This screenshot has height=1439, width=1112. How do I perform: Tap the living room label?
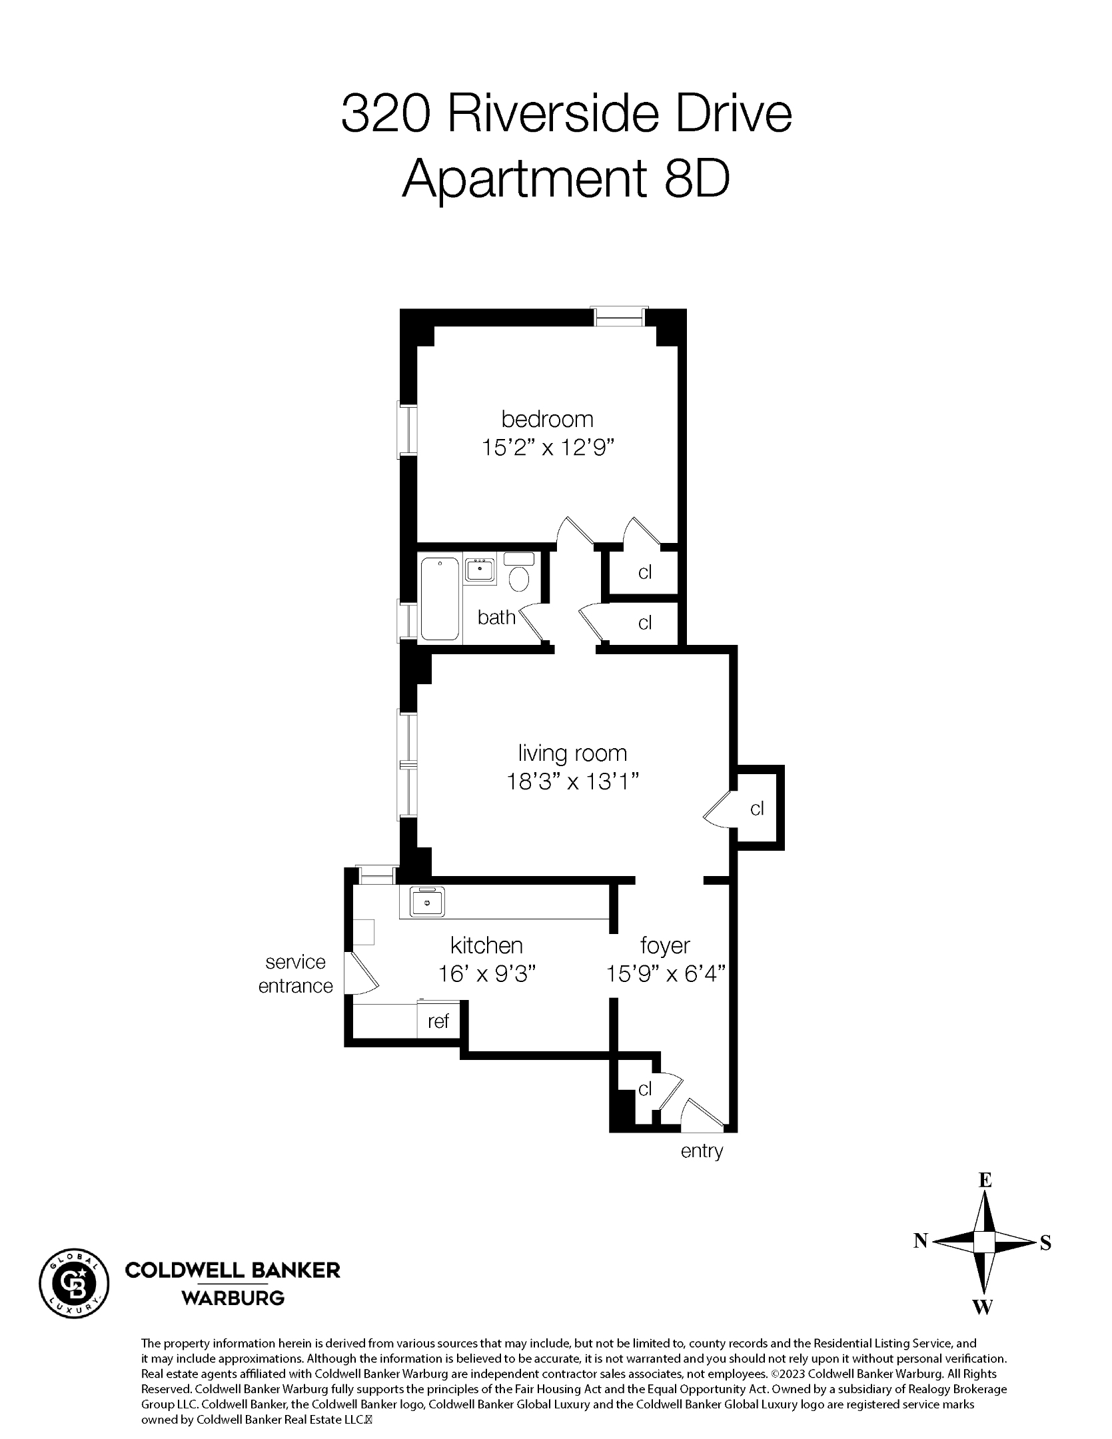(572, 753)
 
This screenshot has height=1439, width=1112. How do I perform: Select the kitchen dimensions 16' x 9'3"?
(487, 974)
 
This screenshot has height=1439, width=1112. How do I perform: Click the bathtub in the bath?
(440, 599)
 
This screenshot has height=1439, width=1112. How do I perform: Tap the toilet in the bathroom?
(519, 577)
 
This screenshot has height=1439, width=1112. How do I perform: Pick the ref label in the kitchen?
(438, 1021)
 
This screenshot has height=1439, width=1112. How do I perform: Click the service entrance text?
(295, 973)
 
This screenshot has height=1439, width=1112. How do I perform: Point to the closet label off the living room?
(757, 808)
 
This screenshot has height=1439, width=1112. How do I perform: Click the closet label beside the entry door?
(644, 1089)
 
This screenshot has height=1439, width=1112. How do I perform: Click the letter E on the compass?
(985, 1181)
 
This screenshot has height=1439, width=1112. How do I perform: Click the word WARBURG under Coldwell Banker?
(233, 1298)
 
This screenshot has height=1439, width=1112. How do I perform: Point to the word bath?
(496, 618)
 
